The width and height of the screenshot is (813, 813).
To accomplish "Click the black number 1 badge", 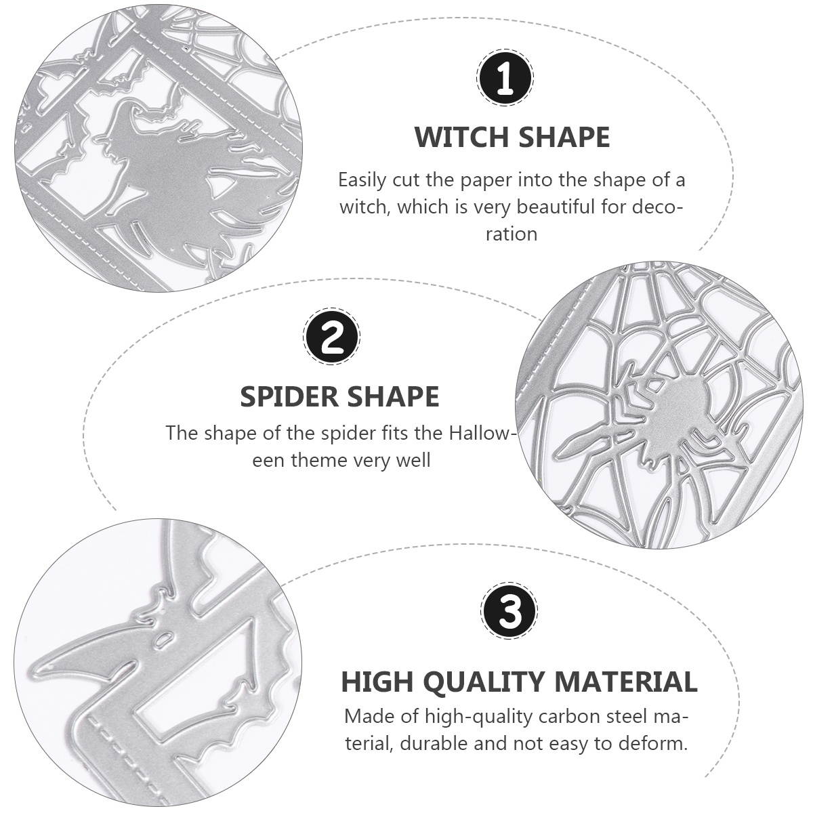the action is coord(505,78).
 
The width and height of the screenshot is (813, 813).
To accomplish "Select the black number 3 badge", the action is coord(509,612).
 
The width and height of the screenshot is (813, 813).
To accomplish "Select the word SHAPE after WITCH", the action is coord(565,137).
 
